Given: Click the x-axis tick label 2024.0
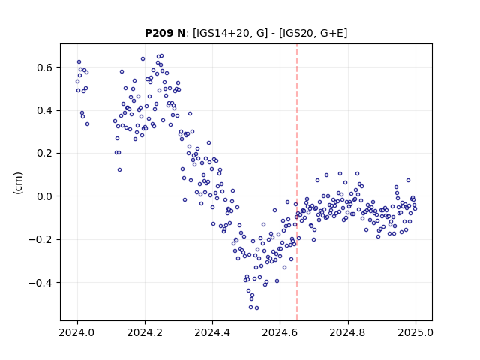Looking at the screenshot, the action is tap(77, 332).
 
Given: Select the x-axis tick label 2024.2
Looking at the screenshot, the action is tap(145, 332).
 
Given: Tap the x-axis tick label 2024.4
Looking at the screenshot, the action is tap(212, 332).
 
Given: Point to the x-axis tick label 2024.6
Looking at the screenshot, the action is tap(280, 332).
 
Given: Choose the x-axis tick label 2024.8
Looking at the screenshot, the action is tap(347, 332).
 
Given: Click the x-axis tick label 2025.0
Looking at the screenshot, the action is tap(415, 332).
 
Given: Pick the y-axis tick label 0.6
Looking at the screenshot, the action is tap(46, 67).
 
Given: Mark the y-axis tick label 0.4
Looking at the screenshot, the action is tap(46, 110).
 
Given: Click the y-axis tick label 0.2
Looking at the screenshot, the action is tap(46, 153).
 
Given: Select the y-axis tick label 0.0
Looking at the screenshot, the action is tap(46, 196).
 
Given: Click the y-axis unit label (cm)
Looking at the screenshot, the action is tap(18, 183).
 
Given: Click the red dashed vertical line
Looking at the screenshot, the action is tap(297, 182).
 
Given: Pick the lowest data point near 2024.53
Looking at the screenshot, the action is tap(256, 307).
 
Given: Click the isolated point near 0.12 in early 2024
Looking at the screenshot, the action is tap(119, 170).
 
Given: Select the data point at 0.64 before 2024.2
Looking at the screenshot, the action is tap(142, 58).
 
